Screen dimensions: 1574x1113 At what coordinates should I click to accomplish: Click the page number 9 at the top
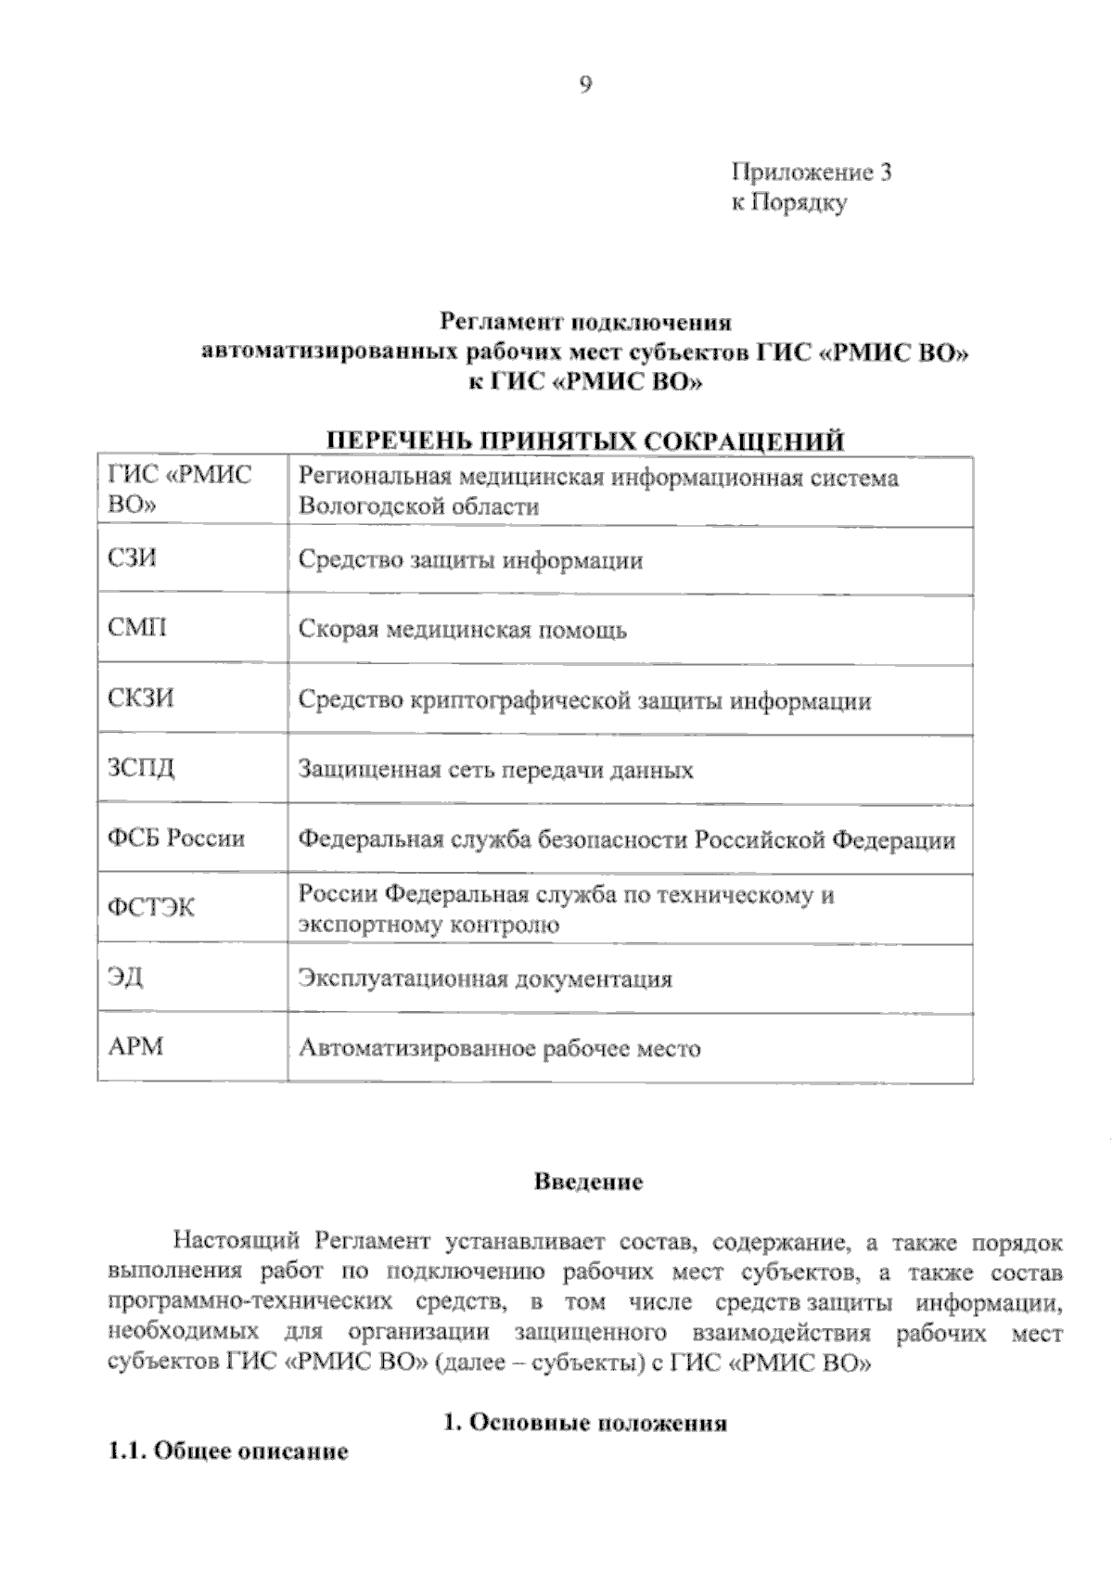[x=585, y=85]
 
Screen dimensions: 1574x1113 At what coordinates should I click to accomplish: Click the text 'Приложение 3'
[x=812, y=173]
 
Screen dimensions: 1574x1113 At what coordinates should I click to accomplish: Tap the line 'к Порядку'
[x=788, y=203]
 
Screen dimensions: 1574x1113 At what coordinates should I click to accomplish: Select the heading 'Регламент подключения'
[x=585, y=323]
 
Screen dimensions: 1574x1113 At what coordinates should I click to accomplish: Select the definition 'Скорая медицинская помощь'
[x=462, y=631]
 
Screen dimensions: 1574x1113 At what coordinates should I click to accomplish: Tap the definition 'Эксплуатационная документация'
[x=485, y=979]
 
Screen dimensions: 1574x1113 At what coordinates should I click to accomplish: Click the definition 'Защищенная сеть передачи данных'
[x=495, y=771]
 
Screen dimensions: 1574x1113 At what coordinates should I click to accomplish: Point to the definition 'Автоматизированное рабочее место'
[x=499, y=1049]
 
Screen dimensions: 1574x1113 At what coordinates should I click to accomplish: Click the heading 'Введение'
[x=588, y=1183]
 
